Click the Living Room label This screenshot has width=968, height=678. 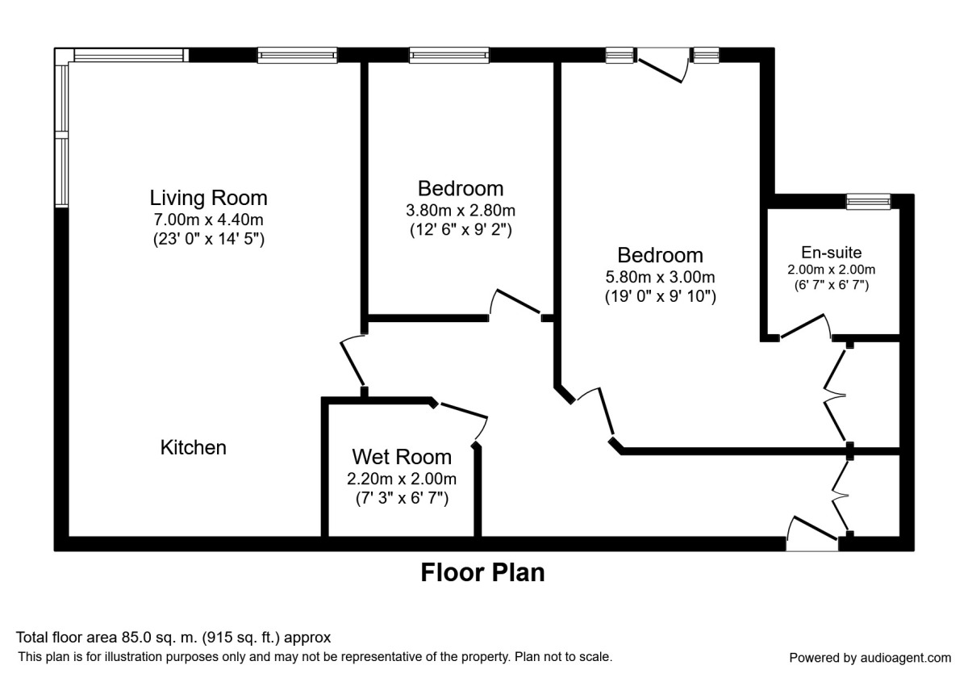coord(208,198)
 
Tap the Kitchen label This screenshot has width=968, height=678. coord(194,447)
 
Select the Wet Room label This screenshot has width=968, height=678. coord(402,458)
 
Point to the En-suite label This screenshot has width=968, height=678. coord(831,253)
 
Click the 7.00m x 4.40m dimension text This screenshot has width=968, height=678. coord(209,220)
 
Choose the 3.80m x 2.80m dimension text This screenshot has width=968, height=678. coord(460,211)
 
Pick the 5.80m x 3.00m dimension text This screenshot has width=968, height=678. coord(661,277)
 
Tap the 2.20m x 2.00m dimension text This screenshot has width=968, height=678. coord(402,479)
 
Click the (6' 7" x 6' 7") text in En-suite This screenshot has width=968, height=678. coord(831,285)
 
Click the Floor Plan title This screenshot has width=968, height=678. coord(482,573)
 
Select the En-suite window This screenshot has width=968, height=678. coord(868,202)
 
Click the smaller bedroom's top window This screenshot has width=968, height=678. coord(449,55)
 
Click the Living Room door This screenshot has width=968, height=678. coord(353,362)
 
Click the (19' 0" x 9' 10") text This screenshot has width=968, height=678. coord(661,296)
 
